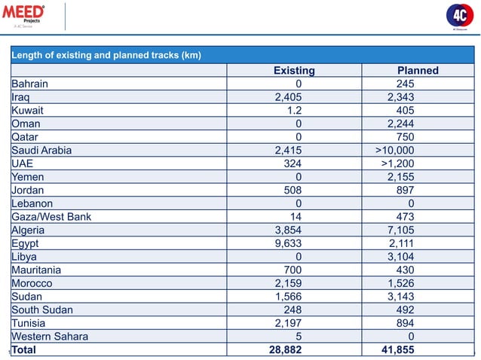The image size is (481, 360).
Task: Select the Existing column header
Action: point(293,71)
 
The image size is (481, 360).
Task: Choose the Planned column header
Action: point(412,71)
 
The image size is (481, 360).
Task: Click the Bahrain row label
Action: point(29,84)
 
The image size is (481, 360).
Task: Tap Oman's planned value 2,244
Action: point(400,124)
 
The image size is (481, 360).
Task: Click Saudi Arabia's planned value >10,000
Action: point(394,150)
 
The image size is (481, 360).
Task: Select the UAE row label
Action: point(22,163)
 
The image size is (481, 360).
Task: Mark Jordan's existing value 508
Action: point(292,190)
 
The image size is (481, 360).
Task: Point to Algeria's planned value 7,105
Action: point(400,230)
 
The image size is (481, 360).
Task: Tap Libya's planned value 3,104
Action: point(400,256)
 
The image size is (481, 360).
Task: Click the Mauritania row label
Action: point(36,270)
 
